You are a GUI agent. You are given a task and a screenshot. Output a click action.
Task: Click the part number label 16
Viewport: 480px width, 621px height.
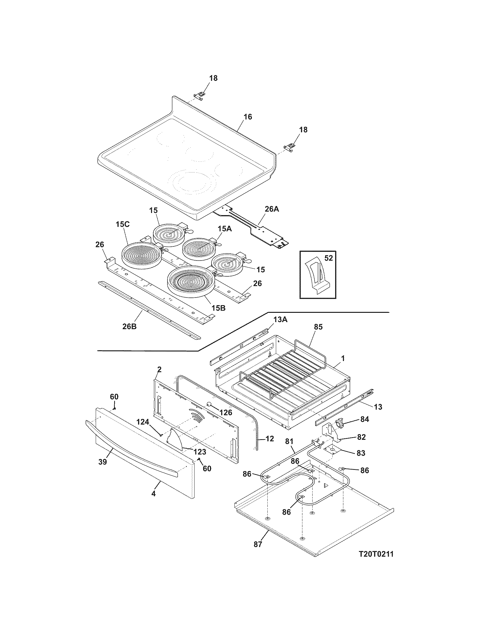click(248, 117)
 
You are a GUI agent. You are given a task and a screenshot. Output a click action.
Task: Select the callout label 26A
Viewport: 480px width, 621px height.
click(272, 209)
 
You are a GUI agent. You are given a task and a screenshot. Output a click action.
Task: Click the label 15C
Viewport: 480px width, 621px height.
click(123, 225)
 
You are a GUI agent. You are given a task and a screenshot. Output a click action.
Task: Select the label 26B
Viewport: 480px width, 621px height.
click(129, 326)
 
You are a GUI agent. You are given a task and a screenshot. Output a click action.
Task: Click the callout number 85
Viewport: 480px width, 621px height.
click(318, 327)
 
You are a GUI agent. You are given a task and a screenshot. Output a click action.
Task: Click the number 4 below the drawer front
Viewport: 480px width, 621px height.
click(153, 494)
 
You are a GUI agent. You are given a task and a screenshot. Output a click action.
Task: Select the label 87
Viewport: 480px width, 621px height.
click(257, 545)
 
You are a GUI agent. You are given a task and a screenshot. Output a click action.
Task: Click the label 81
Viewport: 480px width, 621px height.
click(289, 441)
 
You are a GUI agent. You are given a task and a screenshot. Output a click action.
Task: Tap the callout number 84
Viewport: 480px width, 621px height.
click(365, 419)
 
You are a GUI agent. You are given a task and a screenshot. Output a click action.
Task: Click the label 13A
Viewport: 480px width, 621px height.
click(281, 320)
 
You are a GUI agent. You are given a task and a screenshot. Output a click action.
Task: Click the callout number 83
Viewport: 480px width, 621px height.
click(361, 453)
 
